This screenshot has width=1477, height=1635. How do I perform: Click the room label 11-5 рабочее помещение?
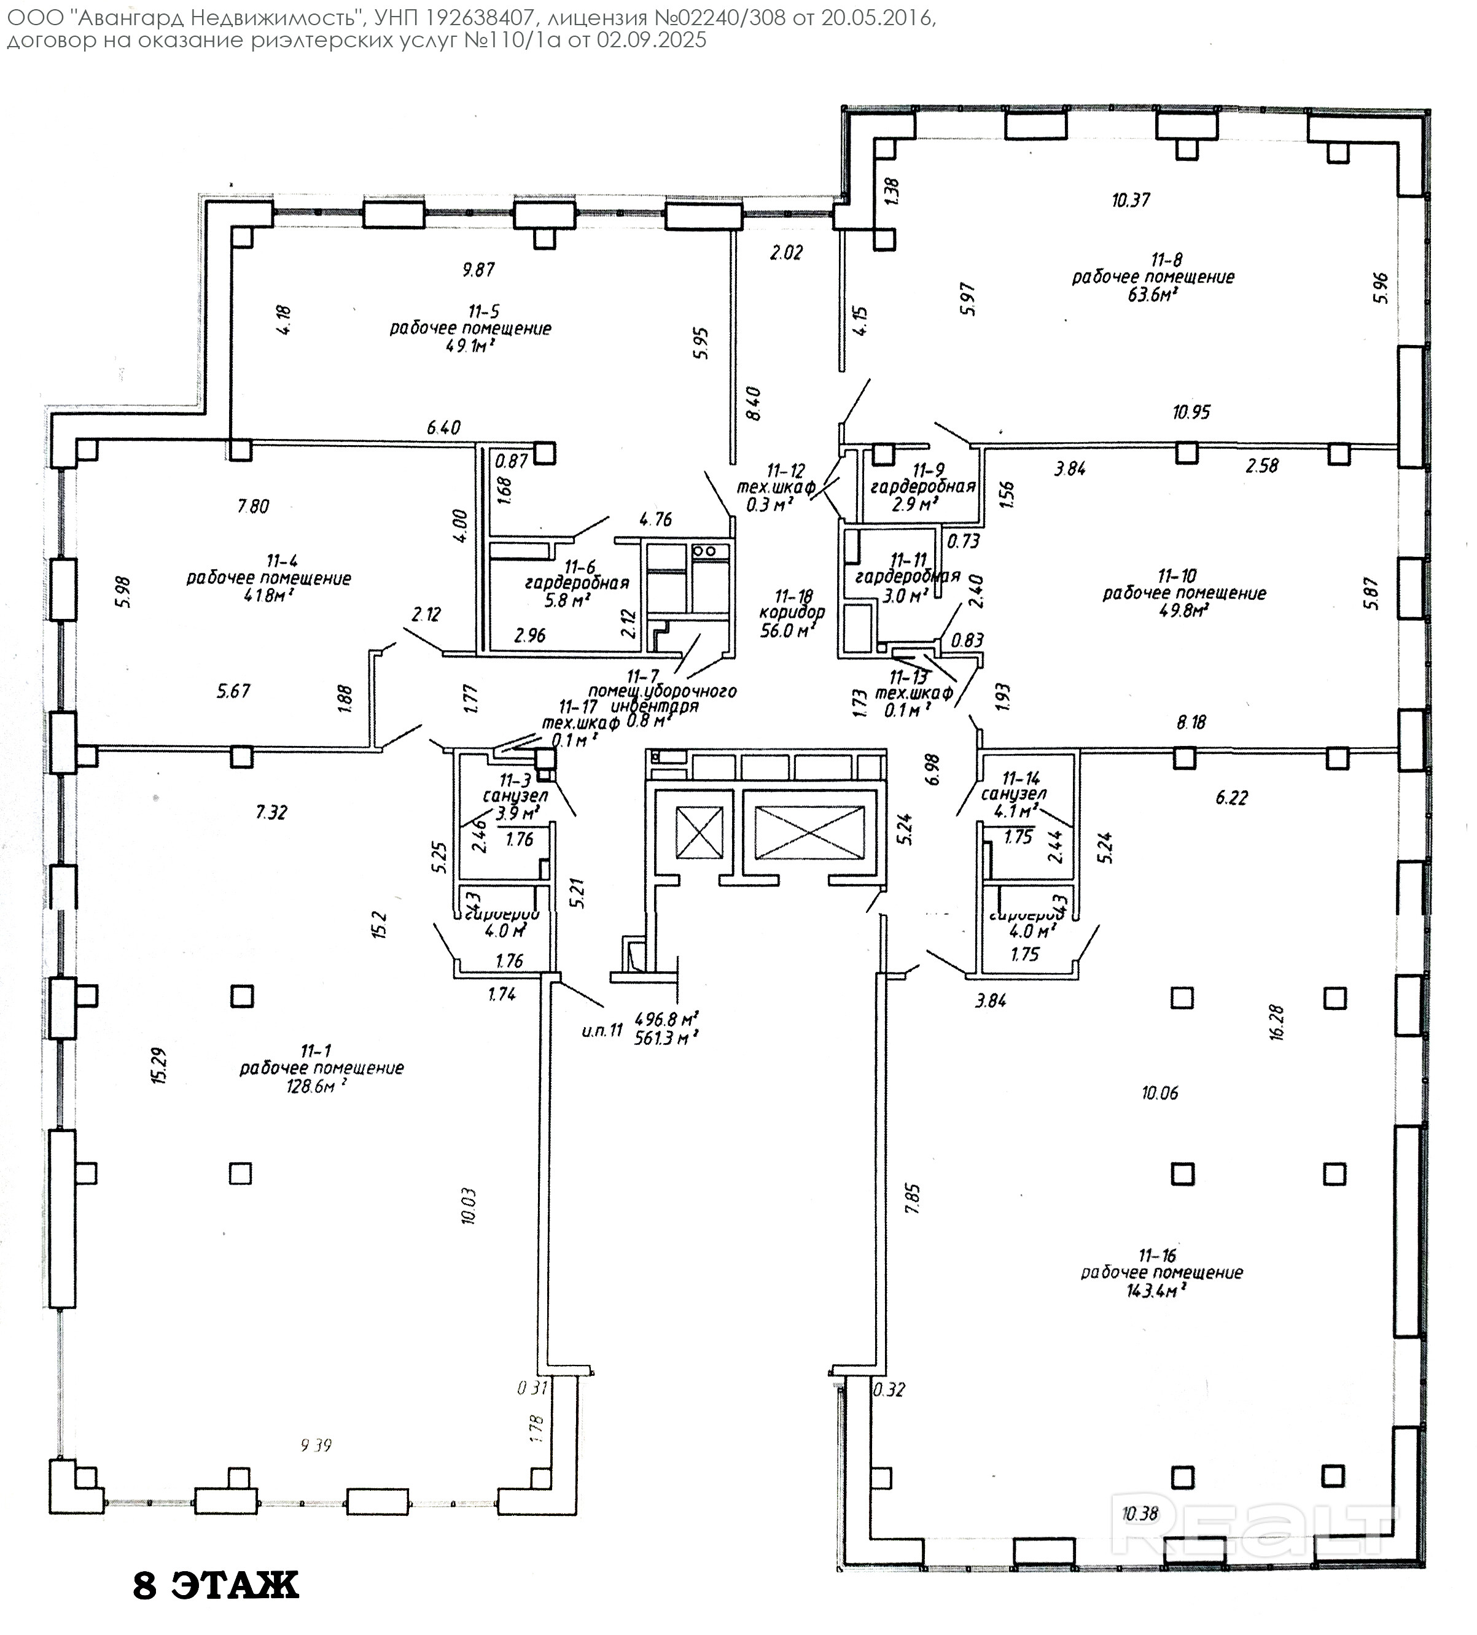pyautogui.click(x=470, y=321)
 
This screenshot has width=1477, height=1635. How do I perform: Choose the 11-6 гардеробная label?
pyautogui.click(x=577, y=582)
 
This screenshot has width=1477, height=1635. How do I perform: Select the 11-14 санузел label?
pyautogui.click(x=1014, y=793)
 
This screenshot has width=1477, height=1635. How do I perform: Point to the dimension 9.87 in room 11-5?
pyautogui.click(x=478, y=270)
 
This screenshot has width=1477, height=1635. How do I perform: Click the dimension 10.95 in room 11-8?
pyautogui.click(x=1191, y=412)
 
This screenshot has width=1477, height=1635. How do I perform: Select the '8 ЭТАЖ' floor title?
pyautogui.click(x=216, y=1585)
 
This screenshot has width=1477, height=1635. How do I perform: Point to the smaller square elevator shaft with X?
pyautogui.click(x=699, y=833)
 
